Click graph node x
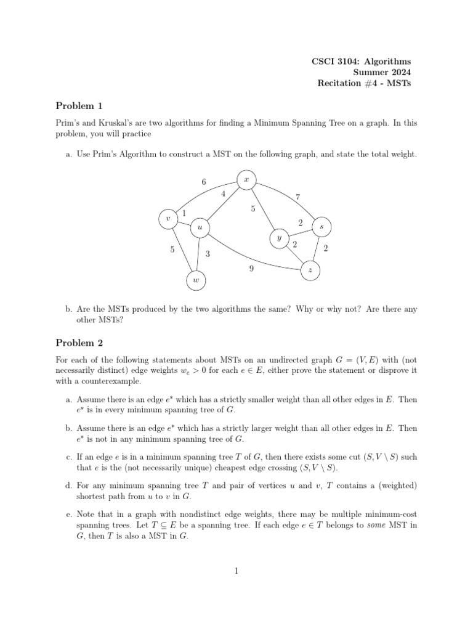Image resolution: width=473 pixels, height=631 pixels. click(x=246, y=179)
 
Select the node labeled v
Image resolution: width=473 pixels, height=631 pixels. click(x=168, y=219)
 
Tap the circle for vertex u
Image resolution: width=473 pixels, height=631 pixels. click(x=200, y=228)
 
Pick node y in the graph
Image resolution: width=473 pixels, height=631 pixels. click(x=279, y=237)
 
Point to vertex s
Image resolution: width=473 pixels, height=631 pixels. click(x=321, y=227)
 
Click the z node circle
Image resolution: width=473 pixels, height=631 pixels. click(x=310, y=271)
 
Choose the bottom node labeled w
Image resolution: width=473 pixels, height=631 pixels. click(x=196, y=281)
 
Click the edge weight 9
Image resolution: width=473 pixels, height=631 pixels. click(x=251, y=268)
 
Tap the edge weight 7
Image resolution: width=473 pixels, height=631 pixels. click(x=297, y=197)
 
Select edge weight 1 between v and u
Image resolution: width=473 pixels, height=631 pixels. click(x=184, y=213)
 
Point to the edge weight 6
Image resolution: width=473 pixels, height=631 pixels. click(x=204, y=182)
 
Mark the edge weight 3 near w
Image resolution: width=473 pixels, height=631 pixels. click(x=208, y=253)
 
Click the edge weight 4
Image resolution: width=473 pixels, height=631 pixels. click(x=223, y=194)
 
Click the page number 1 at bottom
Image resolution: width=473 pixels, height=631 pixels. click(x=236, y=571)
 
